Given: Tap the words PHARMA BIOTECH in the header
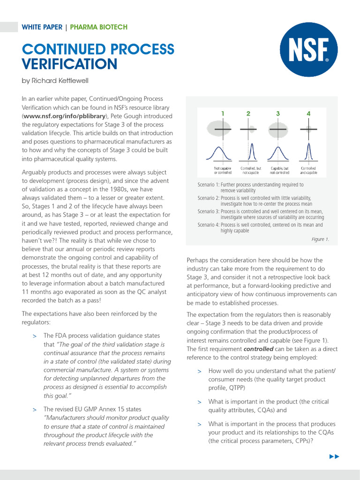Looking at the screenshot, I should (x=98, y=27).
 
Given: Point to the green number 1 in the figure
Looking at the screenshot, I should (x=223, y=113).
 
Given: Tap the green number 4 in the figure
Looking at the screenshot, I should (x=308, y=113).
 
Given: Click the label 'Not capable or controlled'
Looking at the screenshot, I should (x=223, y=170).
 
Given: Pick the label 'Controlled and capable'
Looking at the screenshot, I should (x=308, y=170).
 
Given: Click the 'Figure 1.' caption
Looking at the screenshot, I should (x=320, y=239).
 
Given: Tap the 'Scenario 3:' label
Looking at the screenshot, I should (x=209, y=211).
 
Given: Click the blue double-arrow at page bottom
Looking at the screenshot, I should (x=334, y=457).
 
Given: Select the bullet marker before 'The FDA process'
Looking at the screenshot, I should (x=34, y=336).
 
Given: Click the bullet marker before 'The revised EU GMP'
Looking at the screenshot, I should (x=34, y=410).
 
